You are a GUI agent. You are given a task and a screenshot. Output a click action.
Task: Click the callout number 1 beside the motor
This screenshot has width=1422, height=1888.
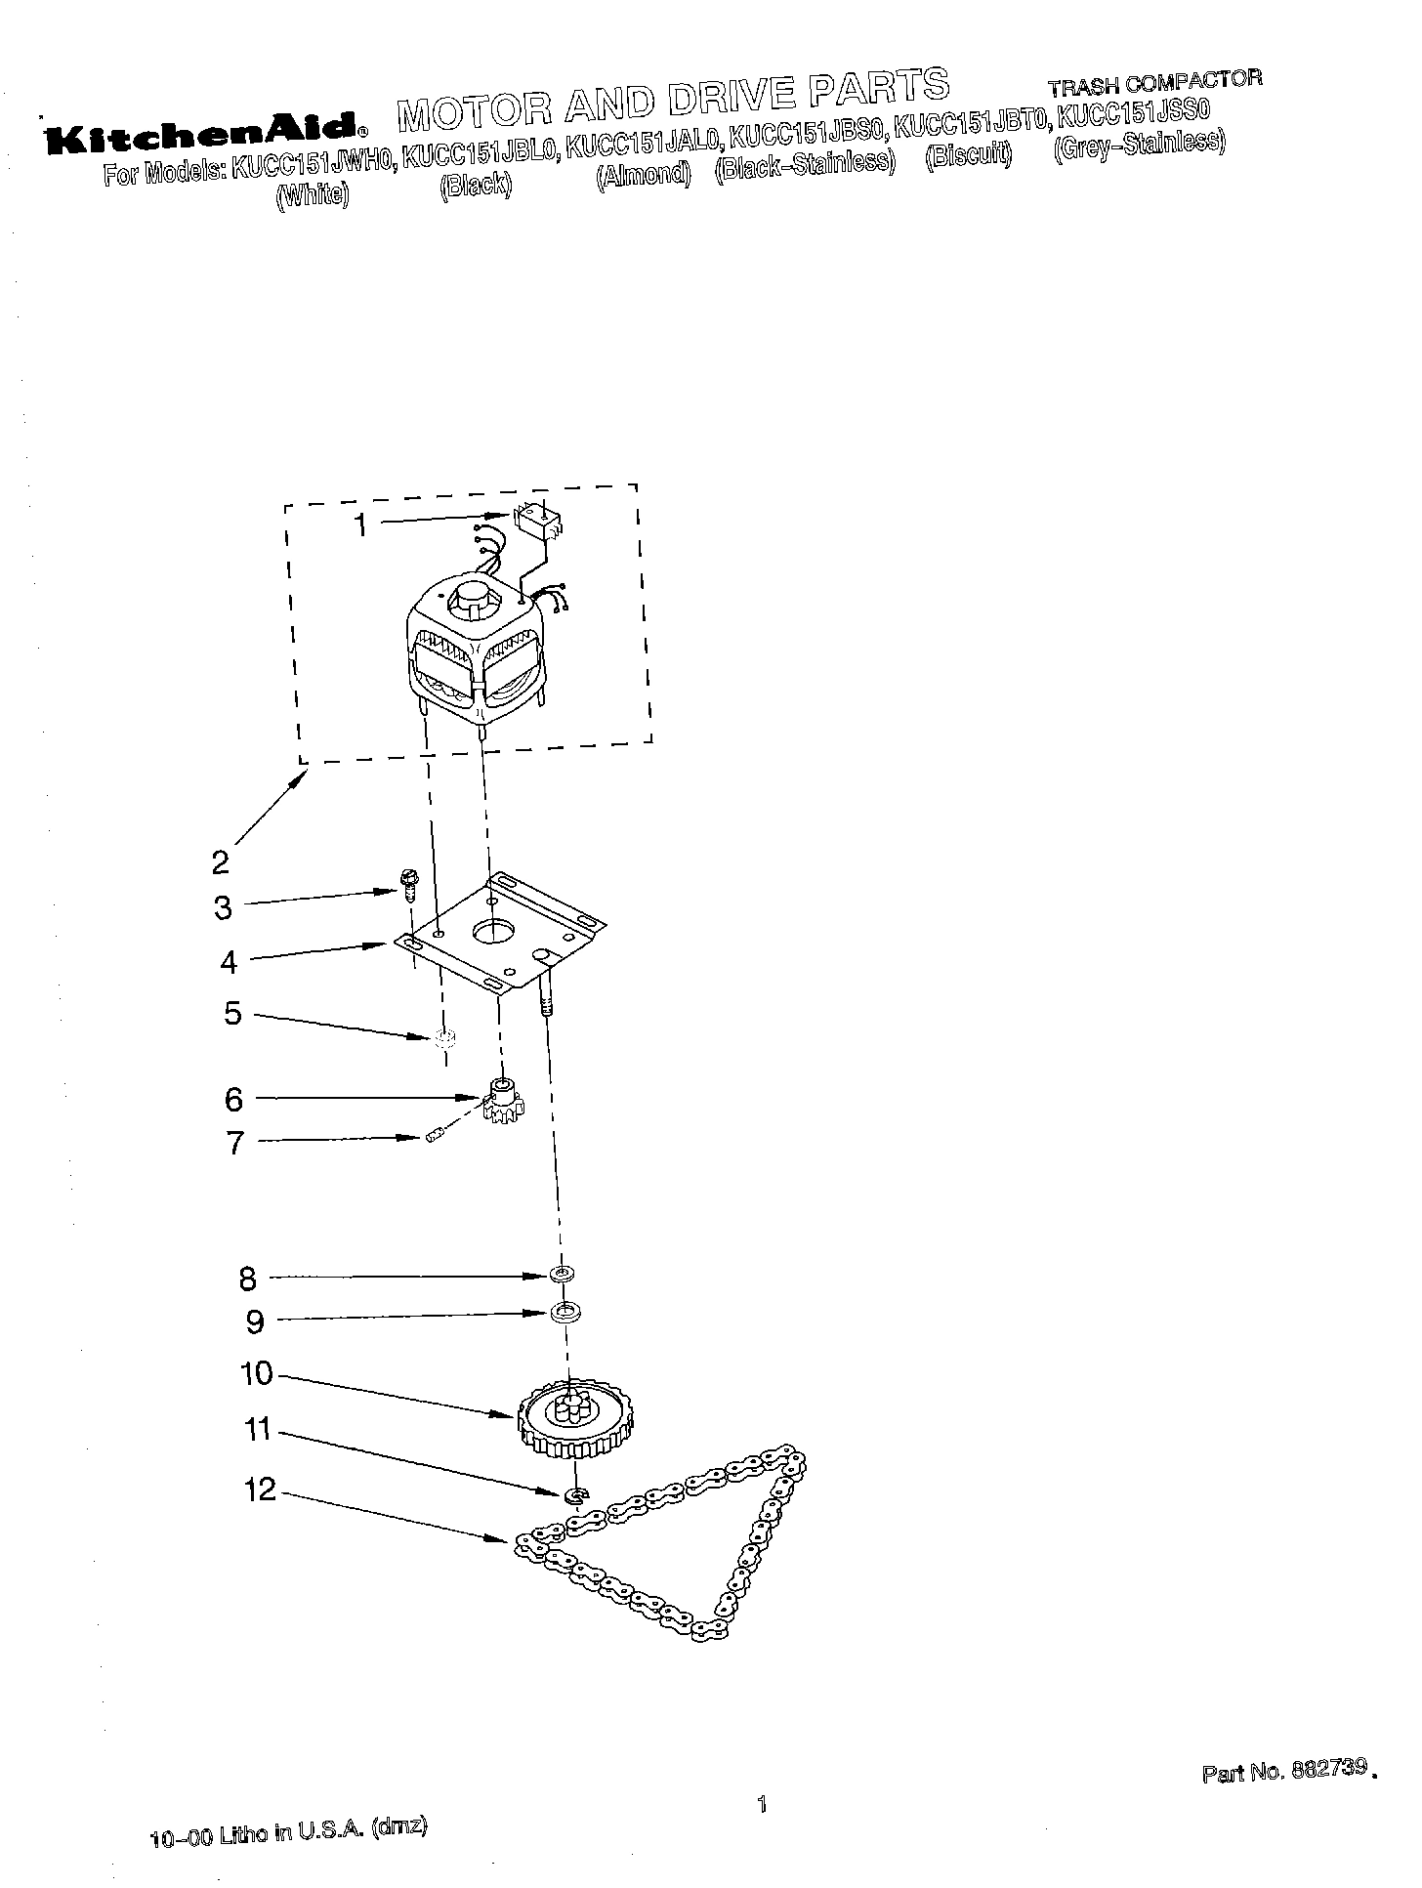point(360,525)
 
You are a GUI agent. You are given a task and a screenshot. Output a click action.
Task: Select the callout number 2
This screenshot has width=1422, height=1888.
point(220,861)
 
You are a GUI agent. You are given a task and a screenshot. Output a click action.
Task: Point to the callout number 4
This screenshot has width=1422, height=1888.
point(229,962)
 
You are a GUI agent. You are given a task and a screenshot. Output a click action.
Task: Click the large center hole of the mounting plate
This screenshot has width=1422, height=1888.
point(494,931)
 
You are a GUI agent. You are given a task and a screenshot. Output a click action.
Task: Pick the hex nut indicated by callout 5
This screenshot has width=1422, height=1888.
point(442,1038)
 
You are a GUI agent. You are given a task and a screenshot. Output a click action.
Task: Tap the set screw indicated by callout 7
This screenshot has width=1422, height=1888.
point(436,1135)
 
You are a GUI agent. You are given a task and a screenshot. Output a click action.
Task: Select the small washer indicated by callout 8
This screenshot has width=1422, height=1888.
point(562,1274)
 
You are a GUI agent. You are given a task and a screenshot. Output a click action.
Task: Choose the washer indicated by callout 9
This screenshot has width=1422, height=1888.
point(563,1313)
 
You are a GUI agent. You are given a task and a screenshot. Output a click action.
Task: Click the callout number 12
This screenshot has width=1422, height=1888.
point(262,1490)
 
